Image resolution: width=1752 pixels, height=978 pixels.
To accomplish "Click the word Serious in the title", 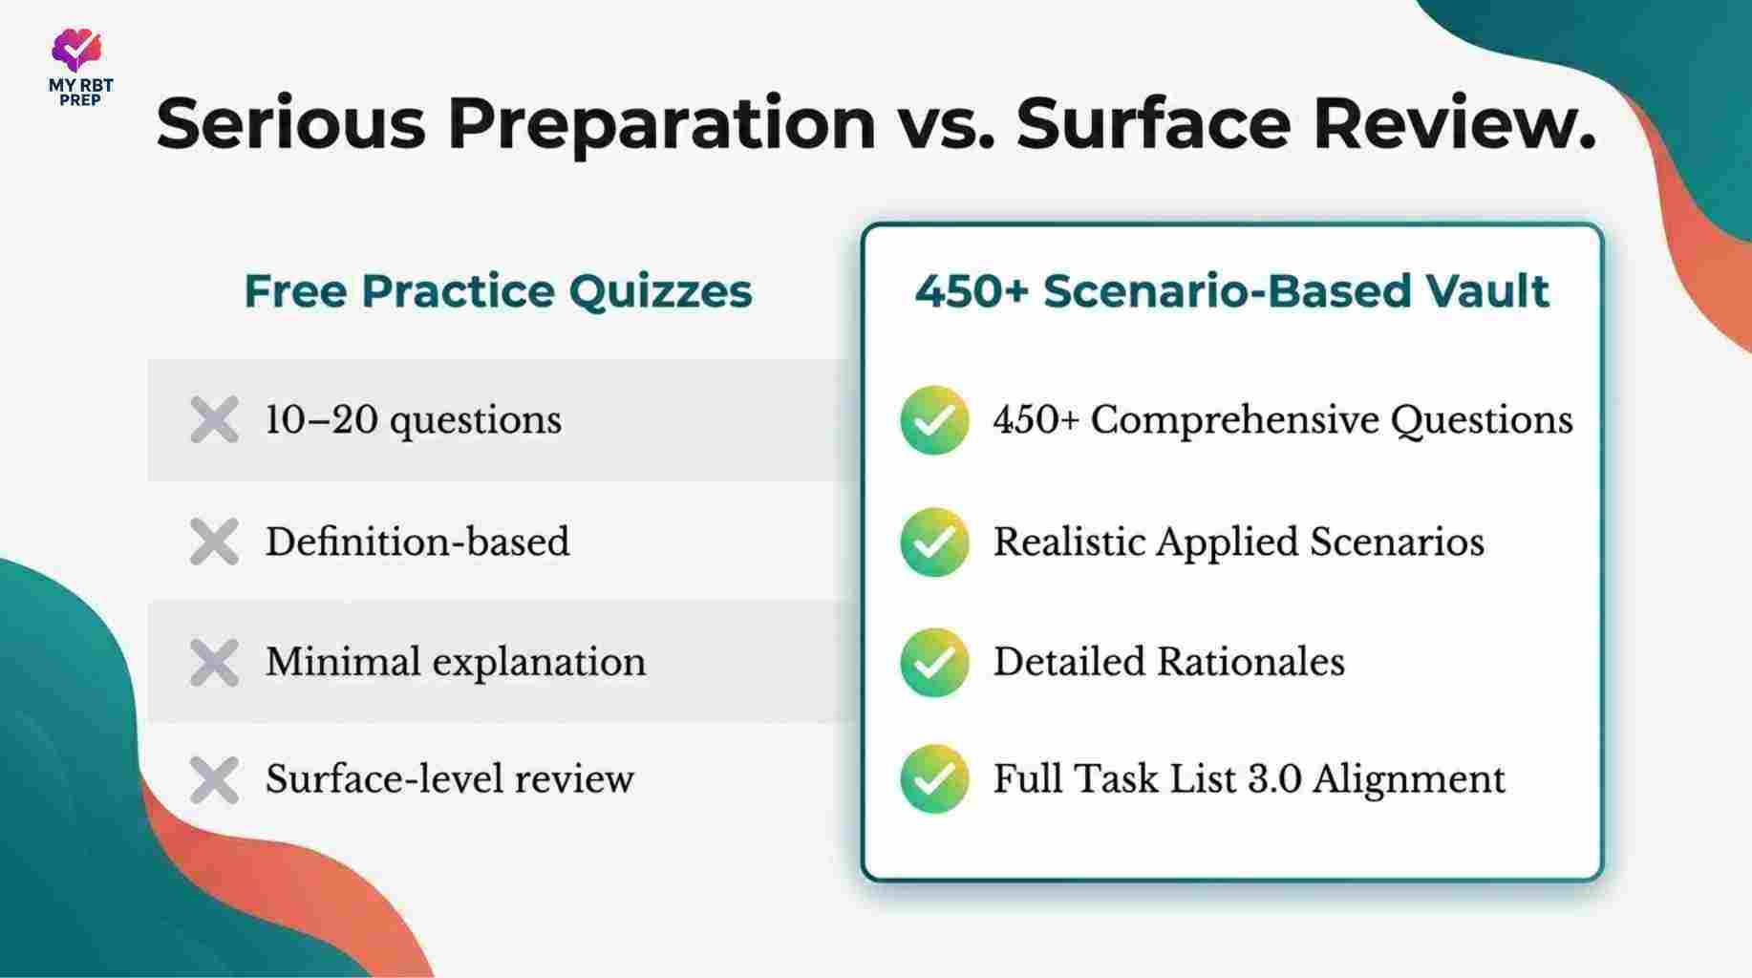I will click(x=290, y=124).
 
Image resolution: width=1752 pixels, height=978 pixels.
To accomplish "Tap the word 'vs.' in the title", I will click(x=944, y=124).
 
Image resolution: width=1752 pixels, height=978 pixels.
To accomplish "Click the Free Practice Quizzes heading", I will click(x=498, y=291).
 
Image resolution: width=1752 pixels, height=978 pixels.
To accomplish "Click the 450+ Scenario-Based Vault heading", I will click(x=1231, y=291).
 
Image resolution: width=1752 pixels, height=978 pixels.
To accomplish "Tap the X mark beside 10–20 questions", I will click(x=214, y=420).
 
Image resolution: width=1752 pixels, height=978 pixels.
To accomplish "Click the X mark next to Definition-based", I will click(x=214, y=542).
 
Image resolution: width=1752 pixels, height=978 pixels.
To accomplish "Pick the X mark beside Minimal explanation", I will click(x=214, y=663).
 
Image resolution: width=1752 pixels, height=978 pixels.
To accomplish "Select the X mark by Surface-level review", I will click(x=214, y=780).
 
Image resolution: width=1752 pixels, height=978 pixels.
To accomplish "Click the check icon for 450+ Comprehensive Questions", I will click(x=934, y=420).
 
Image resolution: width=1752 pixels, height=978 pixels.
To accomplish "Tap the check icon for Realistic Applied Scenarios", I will click(x=934, y=542).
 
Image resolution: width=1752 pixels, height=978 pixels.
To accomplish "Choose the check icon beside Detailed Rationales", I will click(x=934, y=662).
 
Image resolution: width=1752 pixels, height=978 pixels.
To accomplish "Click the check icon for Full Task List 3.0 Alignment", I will click(x=934, y=779).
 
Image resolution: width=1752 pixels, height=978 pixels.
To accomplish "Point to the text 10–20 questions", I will click(x=413, y=420).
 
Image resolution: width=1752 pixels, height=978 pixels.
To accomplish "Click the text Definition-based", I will click(x=417, y=542).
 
